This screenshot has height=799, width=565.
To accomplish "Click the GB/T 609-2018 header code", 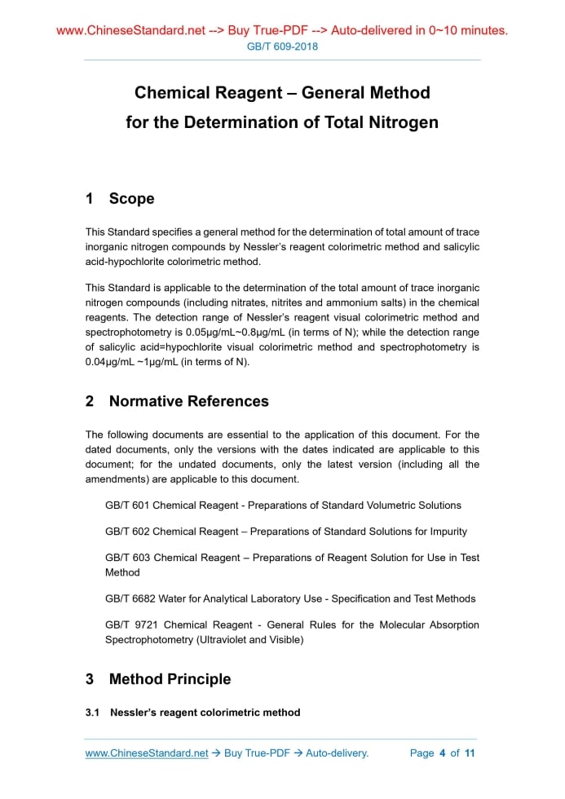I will pos(282,46).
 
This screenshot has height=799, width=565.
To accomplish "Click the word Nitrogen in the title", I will pos(398,122).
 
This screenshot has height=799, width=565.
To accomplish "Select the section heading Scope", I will pos(131,199).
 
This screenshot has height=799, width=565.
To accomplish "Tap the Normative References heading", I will pos(188,401).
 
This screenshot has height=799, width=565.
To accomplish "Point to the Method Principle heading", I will pos(170,679).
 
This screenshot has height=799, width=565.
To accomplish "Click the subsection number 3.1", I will pos(92,713).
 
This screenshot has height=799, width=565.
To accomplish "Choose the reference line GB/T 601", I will pos(283,505).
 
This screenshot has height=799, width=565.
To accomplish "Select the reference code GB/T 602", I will pos(127,532).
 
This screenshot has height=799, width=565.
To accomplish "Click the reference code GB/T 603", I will pos(127,558).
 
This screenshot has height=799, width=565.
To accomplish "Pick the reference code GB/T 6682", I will pos(130,598).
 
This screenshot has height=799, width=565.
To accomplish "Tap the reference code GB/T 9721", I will pos(130,625).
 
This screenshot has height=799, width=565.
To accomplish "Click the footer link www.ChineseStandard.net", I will pos(147,753).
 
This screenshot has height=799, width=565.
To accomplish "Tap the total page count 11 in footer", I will pos(470,753).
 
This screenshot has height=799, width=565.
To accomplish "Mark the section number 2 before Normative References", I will pos(90,401).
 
